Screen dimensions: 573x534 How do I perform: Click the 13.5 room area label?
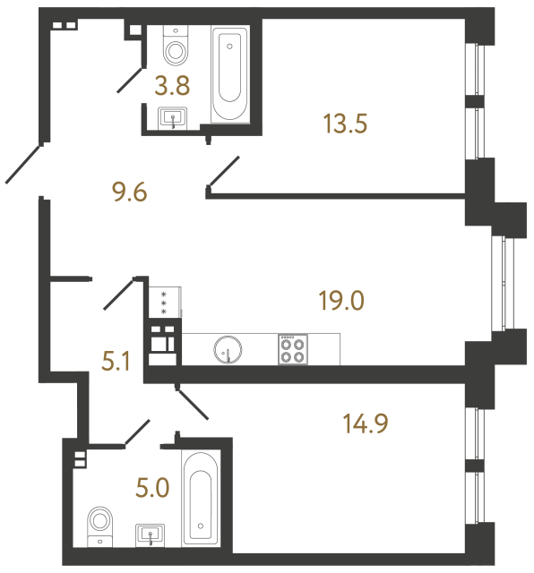[345, 122]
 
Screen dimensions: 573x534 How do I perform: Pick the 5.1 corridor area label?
[116, 363]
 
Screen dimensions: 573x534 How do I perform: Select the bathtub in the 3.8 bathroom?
[230, 72]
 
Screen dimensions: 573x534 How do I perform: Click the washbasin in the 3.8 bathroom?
[172, 117]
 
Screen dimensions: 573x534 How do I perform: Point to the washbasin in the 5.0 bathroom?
[151, 535]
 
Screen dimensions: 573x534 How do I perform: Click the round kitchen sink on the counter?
[228, 348]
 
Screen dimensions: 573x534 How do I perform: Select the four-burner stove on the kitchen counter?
[292, 348]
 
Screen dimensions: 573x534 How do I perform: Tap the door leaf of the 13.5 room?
[224, 172]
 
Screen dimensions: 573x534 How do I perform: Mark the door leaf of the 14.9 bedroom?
[193, 403]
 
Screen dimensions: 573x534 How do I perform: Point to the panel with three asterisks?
[164, 302]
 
